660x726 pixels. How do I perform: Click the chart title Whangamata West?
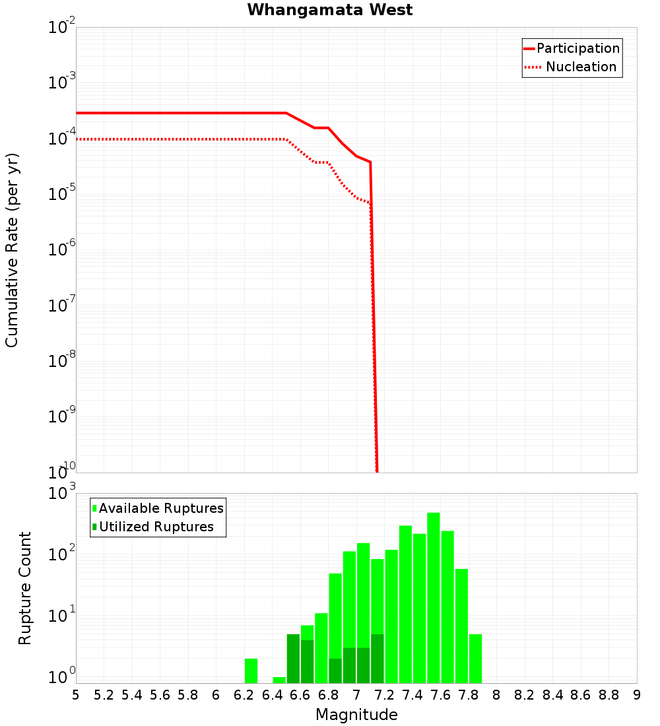[x=330, y=11]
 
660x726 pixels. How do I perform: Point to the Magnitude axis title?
[x=356, y=715]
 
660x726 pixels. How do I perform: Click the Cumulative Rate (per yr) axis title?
[x=12, y=249]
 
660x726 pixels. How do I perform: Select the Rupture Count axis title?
[x=25, y=588]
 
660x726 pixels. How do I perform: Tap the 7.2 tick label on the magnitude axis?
[x=384, y=695]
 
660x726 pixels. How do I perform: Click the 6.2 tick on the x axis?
[x=244, y=695]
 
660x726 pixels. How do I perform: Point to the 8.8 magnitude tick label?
[x=609, y=695]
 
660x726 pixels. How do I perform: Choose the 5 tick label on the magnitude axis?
[x=76, y=695]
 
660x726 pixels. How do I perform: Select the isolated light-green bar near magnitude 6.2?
[x=251, y=671]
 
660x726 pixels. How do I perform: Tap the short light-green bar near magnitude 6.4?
[x=279, y=680]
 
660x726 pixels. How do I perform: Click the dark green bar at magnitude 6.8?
[x=335, y=671]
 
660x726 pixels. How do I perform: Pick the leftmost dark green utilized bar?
[x=293, y=659]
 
